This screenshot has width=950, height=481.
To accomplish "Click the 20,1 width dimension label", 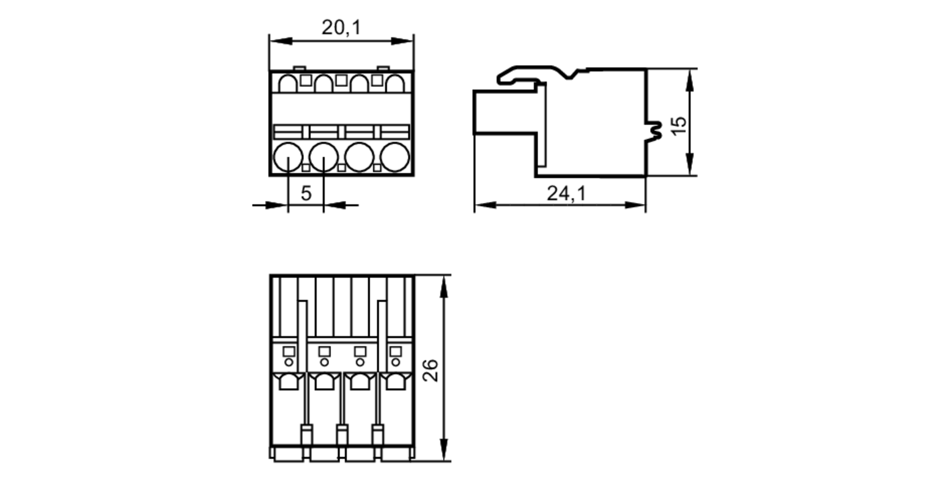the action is tap(341, 28).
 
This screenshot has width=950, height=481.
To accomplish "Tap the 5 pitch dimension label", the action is tap(306, 193).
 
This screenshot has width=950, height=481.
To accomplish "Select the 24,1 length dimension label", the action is tap(566, 193).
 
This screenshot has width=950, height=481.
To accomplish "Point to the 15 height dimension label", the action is tap(679, 125).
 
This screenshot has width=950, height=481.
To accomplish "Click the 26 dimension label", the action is tap(430, 370).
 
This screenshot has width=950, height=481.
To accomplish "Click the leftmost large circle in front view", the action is tap(288, 157).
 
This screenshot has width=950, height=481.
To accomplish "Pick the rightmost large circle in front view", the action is tap(395, 157).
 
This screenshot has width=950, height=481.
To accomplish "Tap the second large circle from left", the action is tap(323, 157).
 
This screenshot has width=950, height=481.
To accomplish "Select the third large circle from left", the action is tap(359, 157).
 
